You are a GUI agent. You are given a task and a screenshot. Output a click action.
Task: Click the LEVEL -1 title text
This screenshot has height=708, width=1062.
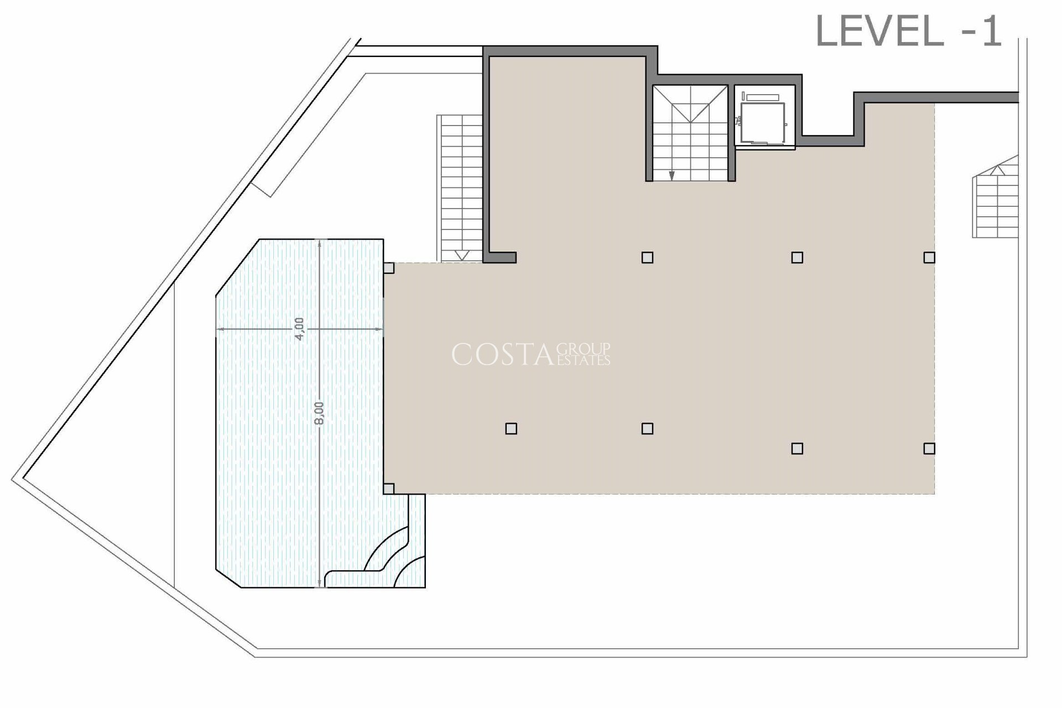(909, 32)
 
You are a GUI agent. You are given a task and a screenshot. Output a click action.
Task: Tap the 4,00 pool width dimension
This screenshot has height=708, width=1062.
(299, 329)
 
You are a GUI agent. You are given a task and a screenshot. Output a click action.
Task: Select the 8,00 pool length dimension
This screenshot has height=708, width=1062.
(319, 413)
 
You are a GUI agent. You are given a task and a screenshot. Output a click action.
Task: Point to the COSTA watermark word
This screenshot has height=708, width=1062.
(502, 355)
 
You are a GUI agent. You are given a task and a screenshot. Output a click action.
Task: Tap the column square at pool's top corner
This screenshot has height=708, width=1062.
(389, 268)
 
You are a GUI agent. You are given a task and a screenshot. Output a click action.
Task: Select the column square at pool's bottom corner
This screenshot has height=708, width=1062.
(389, 488)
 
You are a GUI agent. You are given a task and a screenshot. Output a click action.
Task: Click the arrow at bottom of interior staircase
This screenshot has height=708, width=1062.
(671, 176)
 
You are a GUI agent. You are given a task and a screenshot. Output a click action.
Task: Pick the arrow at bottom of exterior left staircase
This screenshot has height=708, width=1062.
(462, 255)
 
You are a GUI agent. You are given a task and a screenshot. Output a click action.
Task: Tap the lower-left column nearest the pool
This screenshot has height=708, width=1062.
(511, 429)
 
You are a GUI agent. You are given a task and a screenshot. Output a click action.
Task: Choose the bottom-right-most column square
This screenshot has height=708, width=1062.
(929, 449)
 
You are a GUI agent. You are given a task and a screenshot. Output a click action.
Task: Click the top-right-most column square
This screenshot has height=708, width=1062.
(929, 257)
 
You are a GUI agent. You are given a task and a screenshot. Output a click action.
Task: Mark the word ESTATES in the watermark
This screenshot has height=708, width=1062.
(584, 361)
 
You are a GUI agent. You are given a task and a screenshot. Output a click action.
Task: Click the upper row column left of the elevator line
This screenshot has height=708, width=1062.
(647, 257)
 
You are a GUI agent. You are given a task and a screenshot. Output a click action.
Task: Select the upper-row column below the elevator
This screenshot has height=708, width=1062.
(797, 257)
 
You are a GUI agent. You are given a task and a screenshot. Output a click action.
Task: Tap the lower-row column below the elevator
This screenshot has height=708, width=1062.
(797, 449)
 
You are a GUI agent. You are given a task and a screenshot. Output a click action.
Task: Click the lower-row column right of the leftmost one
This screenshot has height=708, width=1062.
(647, 429)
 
